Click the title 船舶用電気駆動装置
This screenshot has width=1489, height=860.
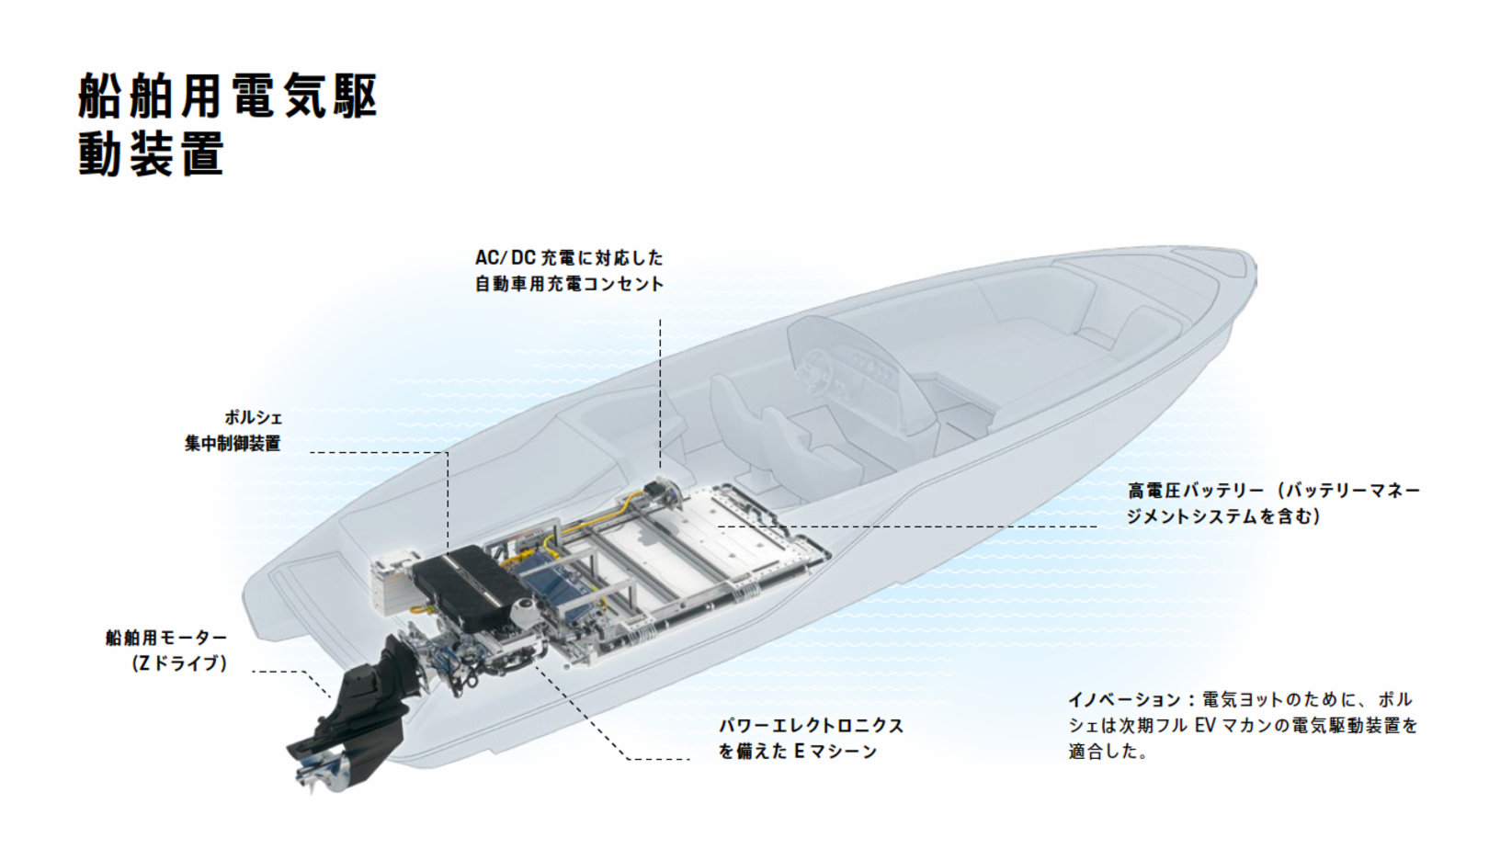click(x=227, y=124)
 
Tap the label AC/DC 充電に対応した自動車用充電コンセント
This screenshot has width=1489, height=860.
click(x=569, y=270)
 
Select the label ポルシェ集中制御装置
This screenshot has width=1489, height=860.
click(x=233, y=431)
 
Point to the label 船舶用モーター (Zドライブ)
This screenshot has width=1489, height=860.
click(x=166, y=650)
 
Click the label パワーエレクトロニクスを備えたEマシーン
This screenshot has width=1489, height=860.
click(x=811, y=738)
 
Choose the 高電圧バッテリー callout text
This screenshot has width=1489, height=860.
click(x=1273, y=503)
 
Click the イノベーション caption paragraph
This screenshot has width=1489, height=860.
click(x=1243, y=725)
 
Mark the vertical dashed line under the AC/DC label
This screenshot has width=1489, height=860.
click(x=660, y=386)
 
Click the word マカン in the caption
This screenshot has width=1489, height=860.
click(x=1256, y=725)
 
